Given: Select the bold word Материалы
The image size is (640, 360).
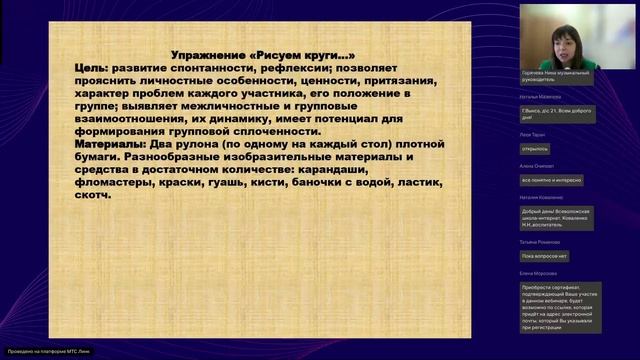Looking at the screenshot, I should coord(112,144).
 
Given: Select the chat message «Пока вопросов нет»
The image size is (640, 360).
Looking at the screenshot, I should coord(544,256).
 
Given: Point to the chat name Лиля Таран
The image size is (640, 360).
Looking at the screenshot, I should coord(533,133).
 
